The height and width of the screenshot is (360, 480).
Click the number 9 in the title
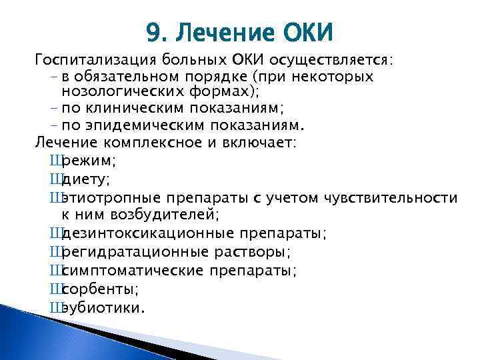point(154,31)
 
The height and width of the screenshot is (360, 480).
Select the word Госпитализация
point(89,61)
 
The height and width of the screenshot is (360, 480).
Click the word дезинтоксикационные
point(147,233)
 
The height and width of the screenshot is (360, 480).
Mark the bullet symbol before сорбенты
point(55,289)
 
